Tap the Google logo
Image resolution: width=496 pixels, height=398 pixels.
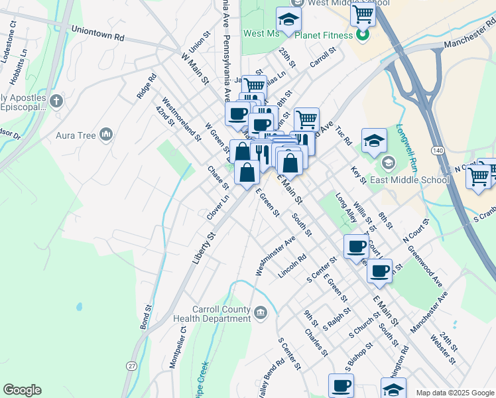(x=22, y=390)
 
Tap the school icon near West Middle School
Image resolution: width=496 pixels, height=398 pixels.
(x=288, y=20)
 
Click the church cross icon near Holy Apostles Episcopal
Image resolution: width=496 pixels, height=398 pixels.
(x=56, y=101)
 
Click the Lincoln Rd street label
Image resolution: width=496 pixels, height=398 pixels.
(x=292, y=266)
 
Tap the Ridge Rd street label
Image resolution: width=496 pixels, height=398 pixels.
(x=147, y=86)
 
